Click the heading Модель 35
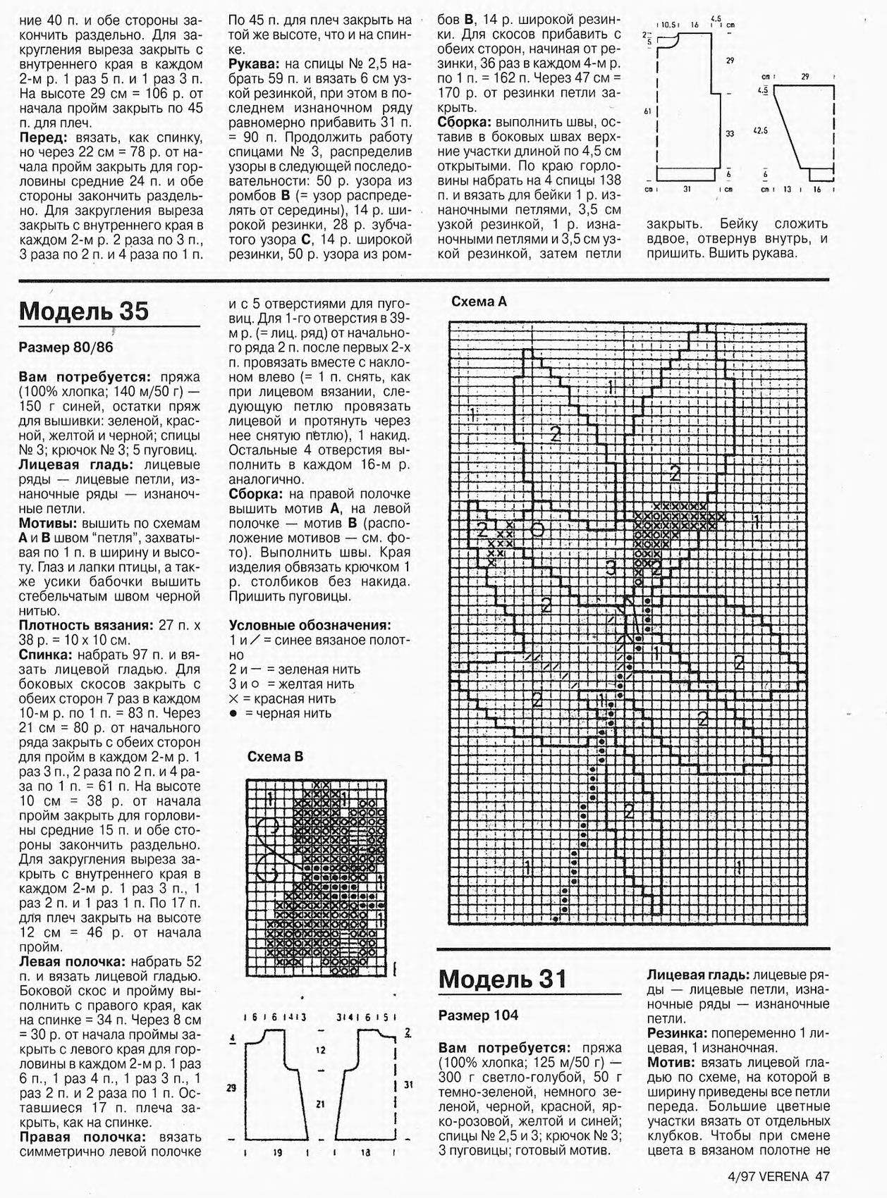pos(84,311)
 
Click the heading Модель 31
pos(503,979)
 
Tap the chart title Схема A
pos(479,302)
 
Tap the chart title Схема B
pos(275,757)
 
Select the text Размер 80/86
pos(66,347)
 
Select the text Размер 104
pos(478,1015)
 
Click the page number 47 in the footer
pos(822,1175)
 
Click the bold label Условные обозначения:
pos(310,625)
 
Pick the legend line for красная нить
pos(282,699)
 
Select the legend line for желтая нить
pos(291,684)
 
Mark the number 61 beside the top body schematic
pos(647,111)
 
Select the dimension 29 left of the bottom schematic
pos(231,1088)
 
